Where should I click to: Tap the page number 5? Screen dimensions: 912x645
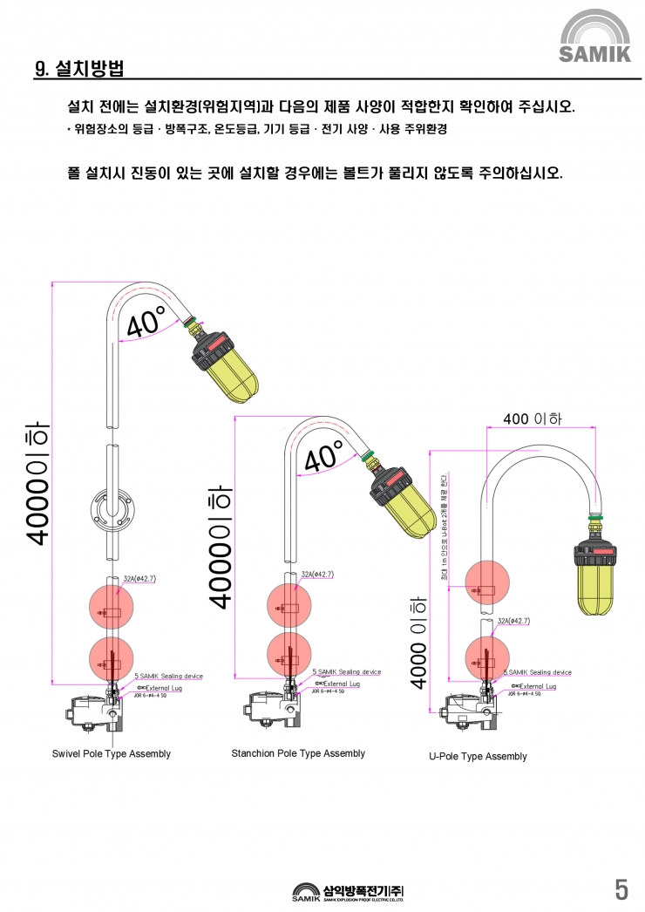621,889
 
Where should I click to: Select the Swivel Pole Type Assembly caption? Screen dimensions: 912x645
112,753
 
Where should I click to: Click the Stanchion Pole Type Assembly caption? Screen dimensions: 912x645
298,753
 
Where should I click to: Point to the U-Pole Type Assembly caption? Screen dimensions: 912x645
478,756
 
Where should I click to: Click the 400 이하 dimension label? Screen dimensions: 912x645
533,419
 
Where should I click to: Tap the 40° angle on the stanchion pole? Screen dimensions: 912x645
325,455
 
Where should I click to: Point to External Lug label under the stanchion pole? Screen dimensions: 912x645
340,684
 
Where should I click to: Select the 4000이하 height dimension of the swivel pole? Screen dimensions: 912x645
37,484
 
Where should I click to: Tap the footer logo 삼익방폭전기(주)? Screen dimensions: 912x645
348,890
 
